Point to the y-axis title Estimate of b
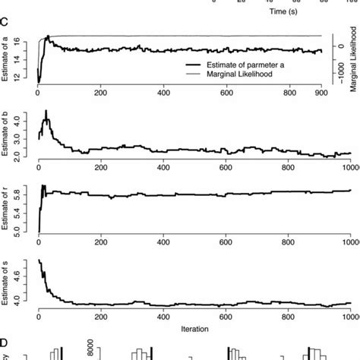point(7,134)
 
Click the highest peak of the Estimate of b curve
point(46,112)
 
